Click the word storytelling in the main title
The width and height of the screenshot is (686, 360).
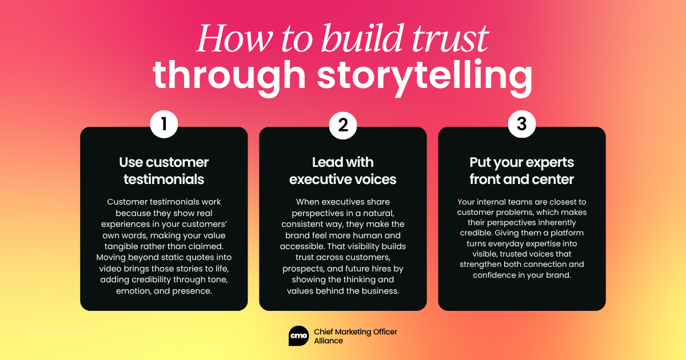[x=424, y=77]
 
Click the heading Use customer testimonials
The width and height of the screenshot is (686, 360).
[x=164, y=170]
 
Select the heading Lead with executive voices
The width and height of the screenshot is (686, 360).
[x=343, y=170]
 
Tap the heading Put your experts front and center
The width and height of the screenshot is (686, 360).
[x=521, y=170]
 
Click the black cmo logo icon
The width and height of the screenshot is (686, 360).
[x=299, y=336]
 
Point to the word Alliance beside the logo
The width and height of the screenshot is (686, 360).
[x=329, y=341]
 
